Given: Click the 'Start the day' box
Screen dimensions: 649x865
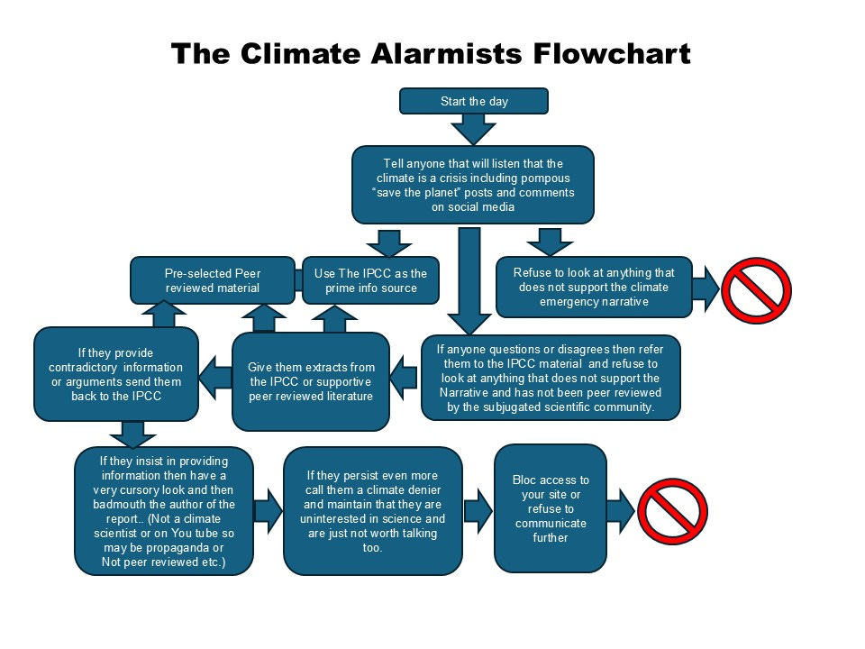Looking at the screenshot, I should (x=474, y=101).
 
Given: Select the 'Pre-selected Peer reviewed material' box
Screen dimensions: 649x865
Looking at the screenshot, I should (x=212, y=280).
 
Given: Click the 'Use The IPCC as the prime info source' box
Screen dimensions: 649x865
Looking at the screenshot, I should (x=370, y=280).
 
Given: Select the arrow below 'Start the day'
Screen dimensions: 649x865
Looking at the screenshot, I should (x=474, y=130).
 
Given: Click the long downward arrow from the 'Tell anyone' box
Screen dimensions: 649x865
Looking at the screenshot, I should (x=469, y=279).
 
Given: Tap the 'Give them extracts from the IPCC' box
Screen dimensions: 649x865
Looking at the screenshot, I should (x=311, y=381).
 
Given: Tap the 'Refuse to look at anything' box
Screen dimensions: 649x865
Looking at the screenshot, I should (x=595, y=287).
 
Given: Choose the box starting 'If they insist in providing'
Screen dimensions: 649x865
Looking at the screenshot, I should (x=163, y=511).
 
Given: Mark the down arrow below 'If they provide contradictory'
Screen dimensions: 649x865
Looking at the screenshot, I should (x=133, y=434).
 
